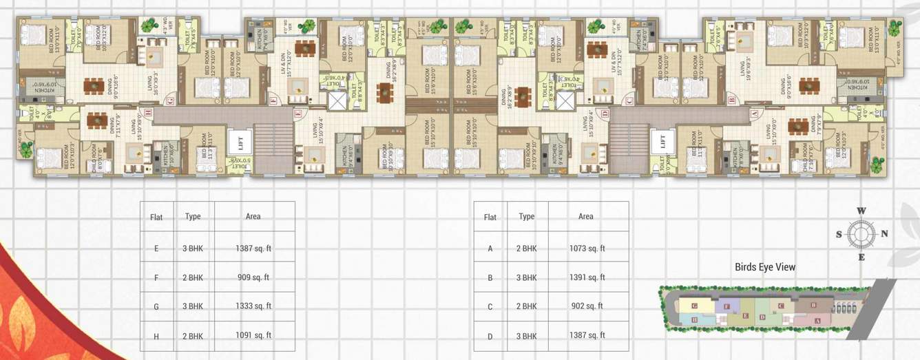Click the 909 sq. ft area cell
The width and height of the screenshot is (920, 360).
253,277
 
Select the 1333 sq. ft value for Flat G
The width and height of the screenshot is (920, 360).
253,306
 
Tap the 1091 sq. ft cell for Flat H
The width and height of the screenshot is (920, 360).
253,335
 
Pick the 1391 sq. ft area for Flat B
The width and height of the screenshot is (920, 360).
587,277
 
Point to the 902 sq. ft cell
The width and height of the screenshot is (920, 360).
587,306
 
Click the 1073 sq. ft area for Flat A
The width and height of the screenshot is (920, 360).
587,248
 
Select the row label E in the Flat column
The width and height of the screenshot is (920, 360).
156,248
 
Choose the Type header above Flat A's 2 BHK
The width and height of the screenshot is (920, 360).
526,216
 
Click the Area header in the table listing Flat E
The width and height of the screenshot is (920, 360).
253,216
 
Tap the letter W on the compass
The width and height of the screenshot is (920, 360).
860,211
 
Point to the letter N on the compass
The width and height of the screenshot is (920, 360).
884,233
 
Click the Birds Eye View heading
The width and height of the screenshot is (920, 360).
764,267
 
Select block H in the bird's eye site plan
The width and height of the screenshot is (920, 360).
694,319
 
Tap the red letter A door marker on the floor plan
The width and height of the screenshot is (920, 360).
753,112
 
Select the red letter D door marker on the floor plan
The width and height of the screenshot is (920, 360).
605,113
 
